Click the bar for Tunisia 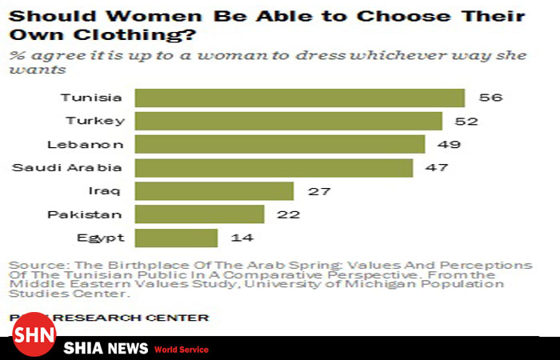[299, 98]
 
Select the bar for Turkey [288, 121]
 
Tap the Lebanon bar [279, 144]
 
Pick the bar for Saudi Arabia [274, 167]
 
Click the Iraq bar [214, 191]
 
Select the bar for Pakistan [199, 214]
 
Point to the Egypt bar [176, 238]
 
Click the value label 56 [489, 98]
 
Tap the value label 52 [466, 121]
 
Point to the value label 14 [242, 238]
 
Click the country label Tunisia [91, 98]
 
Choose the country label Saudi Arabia [67, 167]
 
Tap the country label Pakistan [84, 214]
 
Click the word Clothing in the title [118, 35]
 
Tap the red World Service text [182, 350]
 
